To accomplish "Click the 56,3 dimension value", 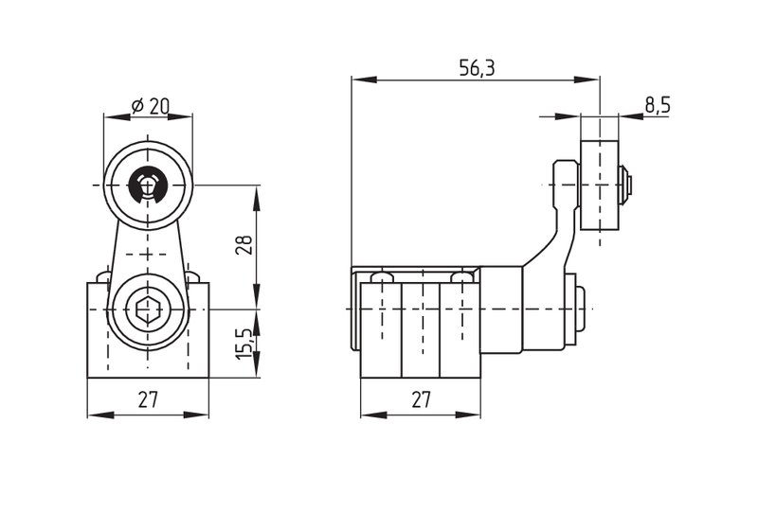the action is point(477,68).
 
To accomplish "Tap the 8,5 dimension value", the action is point(658,105).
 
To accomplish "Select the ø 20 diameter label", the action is point(150,106).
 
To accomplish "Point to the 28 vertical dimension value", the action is point(244,245).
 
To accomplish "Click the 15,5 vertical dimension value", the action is point(244,344).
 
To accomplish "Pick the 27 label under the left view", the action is point(148,399).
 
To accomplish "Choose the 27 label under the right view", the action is point(421,399).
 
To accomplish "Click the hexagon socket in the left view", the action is point(148,309).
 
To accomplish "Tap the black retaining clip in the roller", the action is point(148,185).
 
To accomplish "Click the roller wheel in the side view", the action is point(600,185).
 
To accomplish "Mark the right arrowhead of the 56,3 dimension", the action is point(587,79).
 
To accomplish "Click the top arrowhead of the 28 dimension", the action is point(257,198).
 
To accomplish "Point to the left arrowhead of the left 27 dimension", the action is point(100,415).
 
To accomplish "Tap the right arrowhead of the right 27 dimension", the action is point(468,415).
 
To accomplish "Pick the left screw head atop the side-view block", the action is point(382,277).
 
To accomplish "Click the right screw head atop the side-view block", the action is point(461,277).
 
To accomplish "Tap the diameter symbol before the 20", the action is point(137,106).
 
